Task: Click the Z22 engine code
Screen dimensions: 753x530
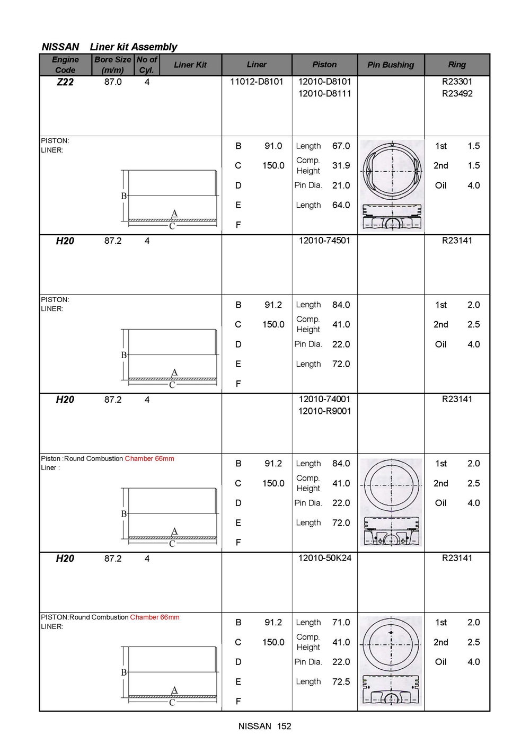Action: point(65,82)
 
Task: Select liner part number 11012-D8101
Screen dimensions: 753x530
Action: point(257,82)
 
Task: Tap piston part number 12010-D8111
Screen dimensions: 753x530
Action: point(324,94)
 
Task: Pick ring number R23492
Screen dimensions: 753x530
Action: point(457,94)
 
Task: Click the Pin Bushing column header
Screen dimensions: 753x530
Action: point(391,65)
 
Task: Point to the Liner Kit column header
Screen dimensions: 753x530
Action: point(190,65)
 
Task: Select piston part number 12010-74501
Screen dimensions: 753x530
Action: point(324,241)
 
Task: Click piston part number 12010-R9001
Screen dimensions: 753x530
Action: point(324,411)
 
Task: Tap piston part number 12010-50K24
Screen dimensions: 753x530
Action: point(324,558)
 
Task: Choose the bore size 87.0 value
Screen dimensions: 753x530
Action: point(113,82)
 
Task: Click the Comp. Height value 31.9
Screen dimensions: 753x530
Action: point(341,165)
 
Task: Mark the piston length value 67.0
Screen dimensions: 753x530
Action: point(341,146)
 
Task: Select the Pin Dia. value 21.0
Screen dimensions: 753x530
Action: point(341,185)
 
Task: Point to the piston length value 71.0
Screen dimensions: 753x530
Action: point(341,622)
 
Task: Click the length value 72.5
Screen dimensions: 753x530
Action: point(341,681)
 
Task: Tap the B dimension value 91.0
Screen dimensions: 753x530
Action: point(273,146)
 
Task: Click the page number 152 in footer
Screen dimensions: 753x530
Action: point(284,726)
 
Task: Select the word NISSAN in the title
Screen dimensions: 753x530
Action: point(60,47)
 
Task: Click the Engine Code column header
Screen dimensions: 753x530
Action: point(65,65)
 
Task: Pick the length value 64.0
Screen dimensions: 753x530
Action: point(341,205)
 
